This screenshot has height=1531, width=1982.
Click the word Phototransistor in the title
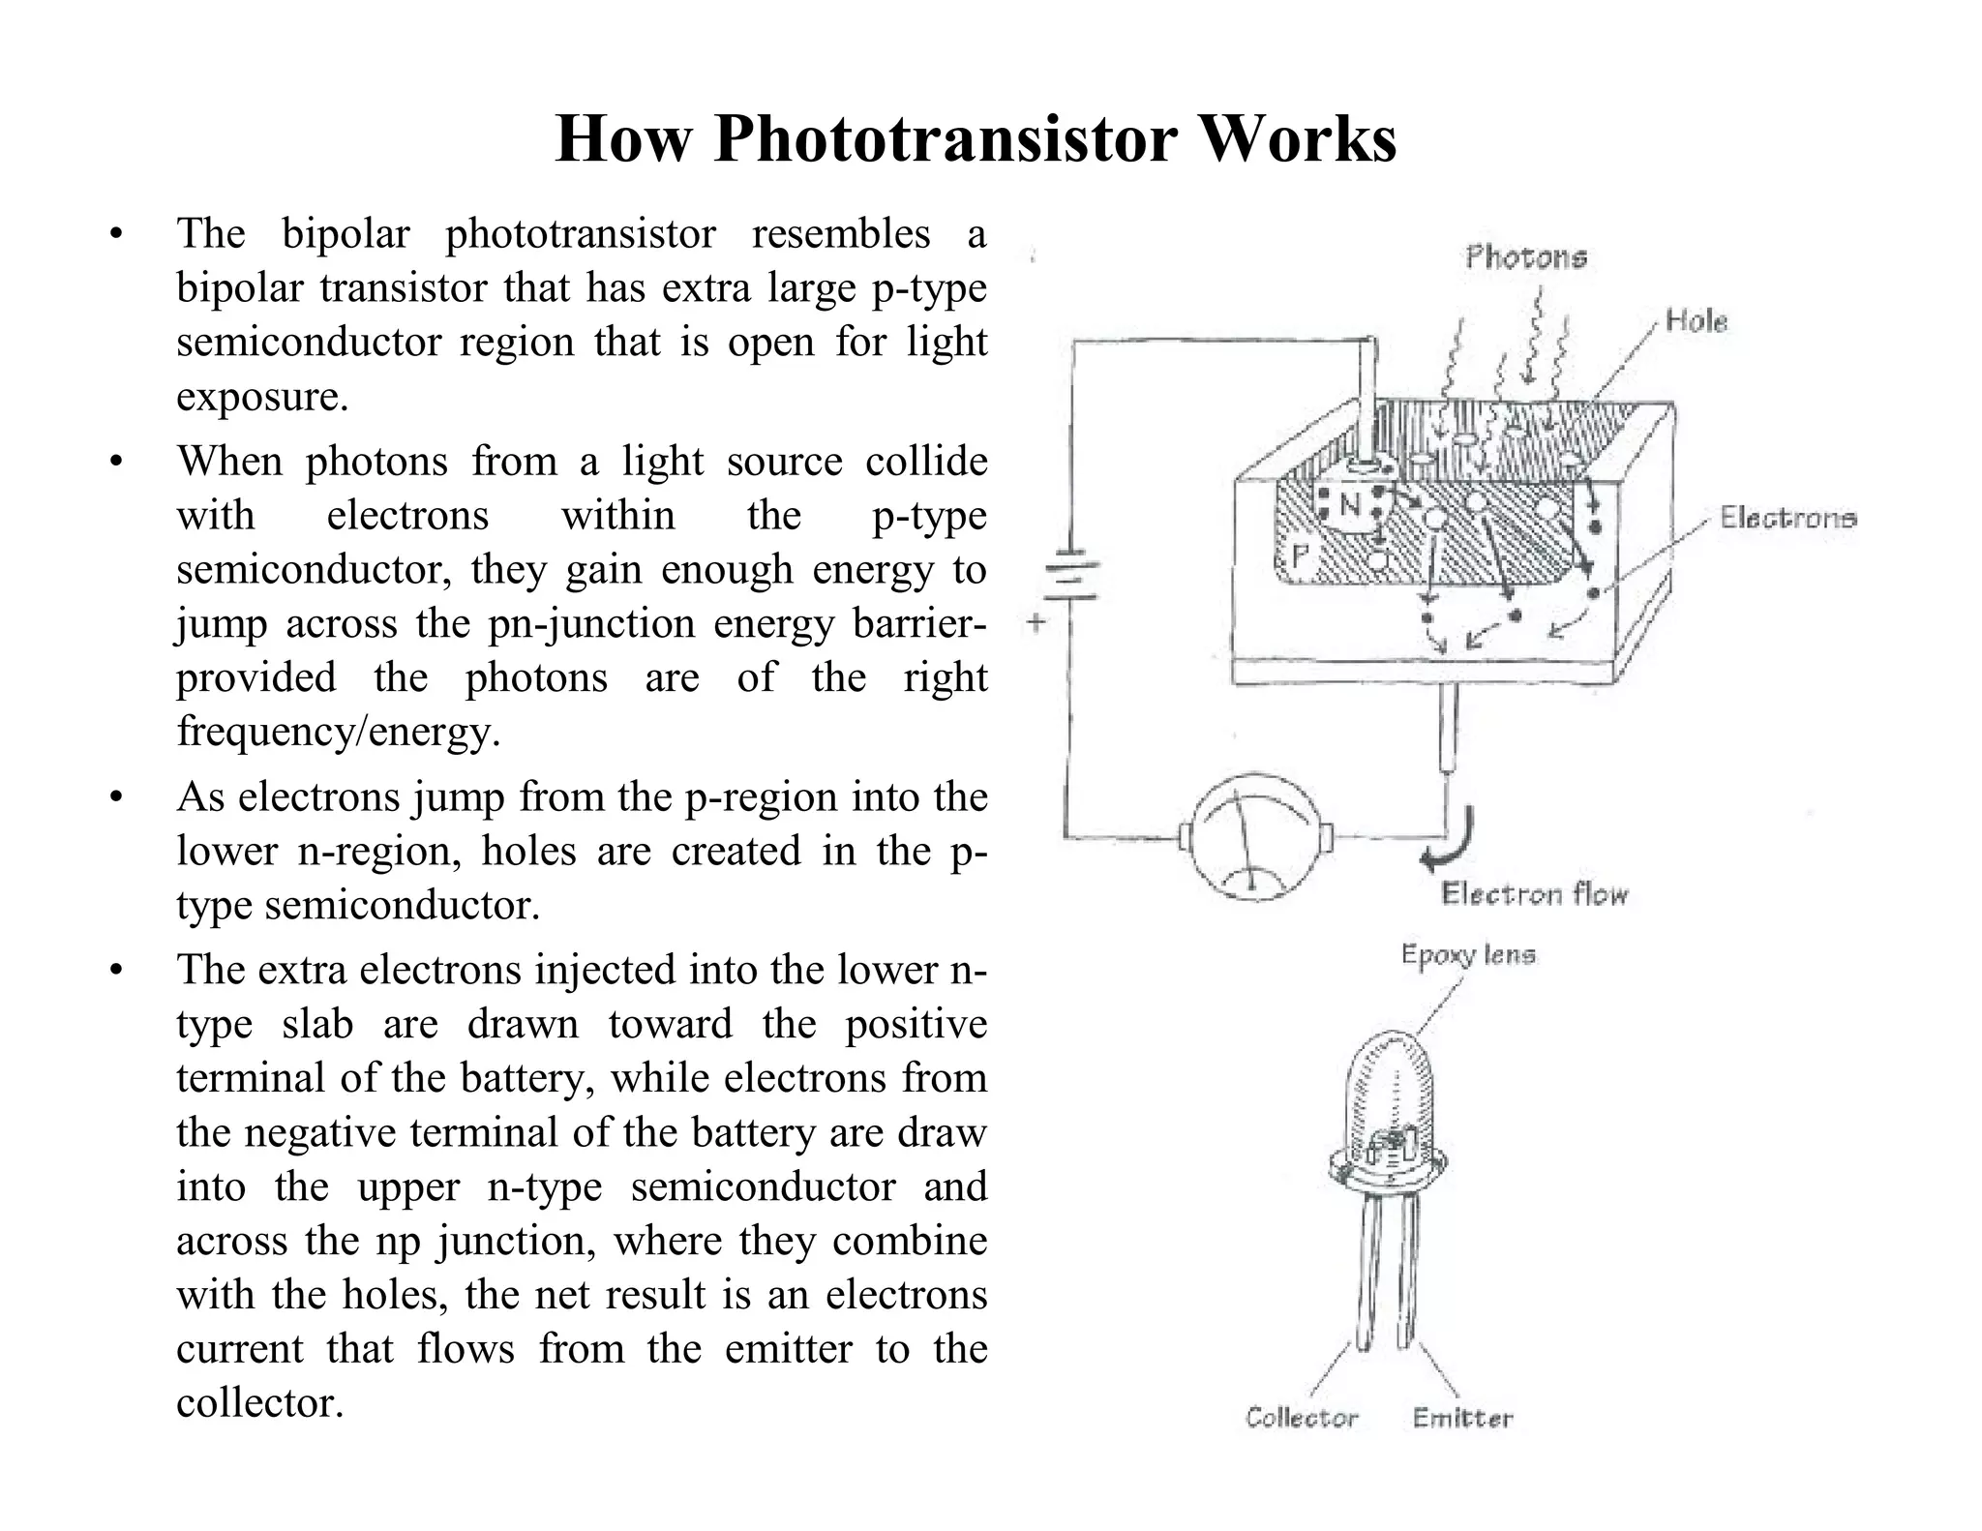click(x=945, y=139)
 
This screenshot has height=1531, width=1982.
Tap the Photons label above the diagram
click(x=1525, y=257)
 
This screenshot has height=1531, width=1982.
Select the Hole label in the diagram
click(x=1696, y=321)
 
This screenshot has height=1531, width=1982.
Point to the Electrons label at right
click(x=1787, y=519)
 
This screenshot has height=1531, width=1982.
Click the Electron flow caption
click(x=1534, y=894)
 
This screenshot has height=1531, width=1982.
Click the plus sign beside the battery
click(x=1036, y=622)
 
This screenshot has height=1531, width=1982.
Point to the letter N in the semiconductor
click(x=1349, y=505)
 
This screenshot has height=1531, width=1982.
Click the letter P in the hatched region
click(x=1300, y=555)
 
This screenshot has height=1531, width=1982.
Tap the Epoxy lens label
click(x=1467, y=955)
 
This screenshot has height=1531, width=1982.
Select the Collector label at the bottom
click(x=1302, y=1418)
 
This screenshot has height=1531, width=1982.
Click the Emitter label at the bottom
click(x=1461, y=1419)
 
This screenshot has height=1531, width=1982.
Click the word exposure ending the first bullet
click(x=261, y=397)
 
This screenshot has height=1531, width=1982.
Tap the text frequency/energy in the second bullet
click(x=339, y=732)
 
